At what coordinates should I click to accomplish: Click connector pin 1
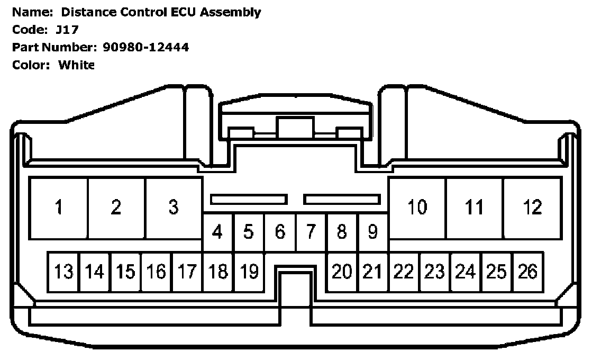click(x=58, y=208)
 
